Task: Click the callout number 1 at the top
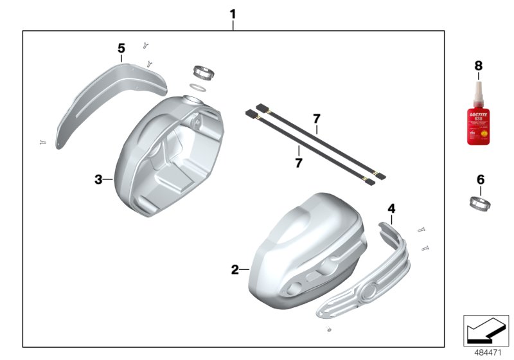coord(233,14)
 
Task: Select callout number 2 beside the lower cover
coord(235,269)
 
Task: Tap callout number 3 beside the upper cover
coord(98,180)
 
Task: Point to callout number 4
coord(391,208)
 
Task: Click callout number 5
coord(121,48)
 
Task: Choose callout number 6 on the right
coord(480,180)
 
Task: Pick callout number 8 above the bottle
coord(477,66)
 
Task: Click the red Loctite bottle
coord(477,122)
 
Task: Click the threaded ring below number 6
coord(480,203)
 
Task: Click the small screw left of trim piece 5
coord(43,143)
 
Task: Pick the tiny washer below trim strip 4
coord(329,331)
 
